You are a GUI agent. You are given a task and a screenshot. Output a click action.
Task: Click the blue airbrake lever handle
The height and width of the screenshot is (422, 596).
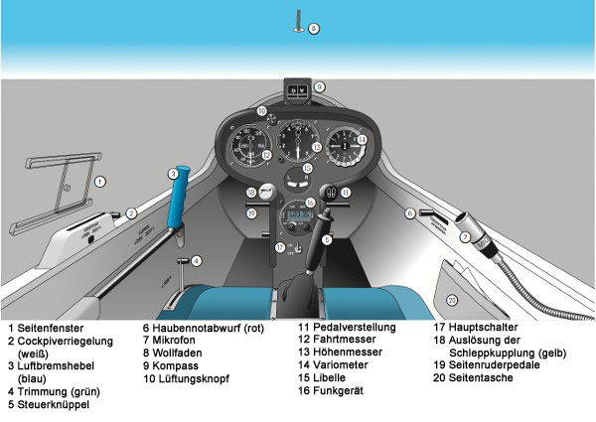pyautogui.click(x=179, y=205)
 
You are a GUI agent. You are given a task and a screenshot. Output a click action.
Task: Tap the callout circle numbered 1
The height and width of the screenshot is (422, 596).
pyautogui.click(x=100, y=182)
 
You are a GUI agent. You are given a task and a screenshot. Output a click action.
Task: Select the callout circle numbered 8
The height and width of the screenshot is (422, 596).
pyautogui.click(x=314, y=29)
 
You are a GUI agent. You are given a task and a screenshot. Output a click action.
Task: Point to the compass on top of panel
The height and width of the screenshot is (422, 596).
pyautogui.click(x=296, y=88)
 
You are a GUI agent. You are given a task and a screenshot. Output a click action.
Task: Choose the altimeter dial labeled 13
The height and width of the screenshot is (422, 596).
pyautogui.click(x=297, y=143)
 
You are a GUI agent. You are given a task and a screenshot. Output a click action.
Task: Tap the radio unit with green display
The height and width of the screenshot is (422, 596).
pyautogui.click(x=295, y=213)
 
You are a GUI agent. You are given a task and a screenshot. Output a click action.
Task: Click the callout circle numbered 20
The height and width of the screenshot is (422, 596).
pyautogui.click(x=451, y=300)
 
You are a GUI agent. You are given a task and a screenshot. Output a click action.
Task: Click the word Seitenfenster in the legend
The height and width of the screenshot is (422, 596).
pyautogui.click(x=48, y=327)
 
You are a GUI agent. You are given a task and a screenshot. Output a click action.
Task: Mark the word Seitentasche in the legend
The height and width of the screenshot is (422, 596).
pyautogui.click(x=483, y=378)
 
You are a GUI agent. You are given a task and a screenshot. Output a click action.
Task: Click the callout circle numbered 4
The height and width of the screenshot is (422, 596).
pyautogui.click(x=197, y=260)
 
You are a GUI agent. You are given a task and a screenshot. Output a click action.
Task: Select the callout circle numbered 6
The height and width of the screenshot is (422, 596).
pyautogui.click(x=408, y=212)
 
